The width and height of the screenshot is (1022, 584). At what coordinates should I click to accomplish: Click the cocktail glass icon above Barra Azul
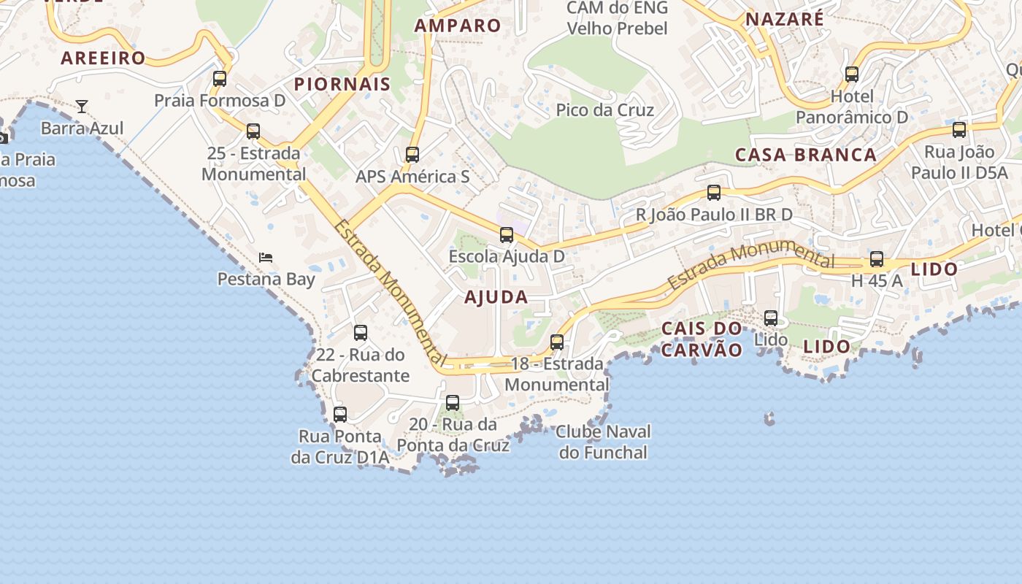[82, 107]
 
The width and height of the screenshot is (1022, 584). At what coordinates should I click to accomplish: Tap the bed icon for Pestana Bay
[266, 258]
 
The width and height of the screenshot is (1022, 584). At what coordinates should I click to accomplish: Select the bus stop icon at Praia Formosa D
[220, 78]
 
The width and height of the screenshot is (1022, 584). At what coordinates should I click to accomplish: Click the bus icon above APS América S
[412, 155]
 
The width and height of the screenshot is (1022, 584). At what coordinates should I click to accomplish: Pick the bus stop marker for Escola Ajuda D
[507, 235]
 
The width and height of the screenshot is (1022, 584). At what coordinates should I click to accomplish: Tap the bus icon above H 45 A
[877, 259]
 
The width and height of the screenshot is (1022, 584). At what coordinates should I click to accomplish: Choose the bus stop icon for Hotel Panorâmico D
[852, 74]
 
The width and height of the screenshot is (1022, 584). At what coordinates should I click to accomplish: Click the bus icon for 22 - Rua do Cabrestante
[361, 333]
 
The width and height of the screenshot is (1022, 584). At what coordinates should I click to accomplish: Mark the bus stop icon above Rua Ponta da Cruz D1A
[340, 415]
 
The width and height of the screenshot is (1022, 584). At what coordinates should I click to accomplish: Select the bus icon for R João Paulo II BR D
[714, 193]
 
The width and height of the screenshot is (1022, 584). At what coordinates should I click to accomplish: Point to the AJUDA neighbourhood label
[496, 297]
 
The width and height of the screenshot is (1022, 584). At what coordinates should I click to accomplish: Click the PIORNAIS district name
[342, 85]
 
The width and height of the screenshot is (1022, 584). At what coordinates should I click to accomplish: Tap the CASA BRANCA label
[806, 155]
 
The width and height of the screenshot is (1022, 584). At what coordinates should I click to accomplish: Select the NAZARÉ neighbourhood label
[785, 19]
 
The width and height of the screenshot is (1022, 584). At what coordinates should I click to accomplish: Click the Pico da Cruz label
[605, 110]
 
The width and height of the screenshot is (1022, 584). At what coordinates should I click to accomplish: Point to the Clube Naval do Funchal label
[603, 442]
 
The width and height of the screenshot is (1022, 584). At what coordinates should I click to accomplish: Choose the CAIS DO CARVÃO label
[702, 339]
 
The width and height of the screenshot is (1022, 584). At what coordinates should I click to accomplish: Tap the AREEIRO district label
[103, 58]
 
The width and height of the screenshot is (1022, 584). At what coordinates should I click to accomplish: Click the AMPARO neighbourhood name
[458, 26]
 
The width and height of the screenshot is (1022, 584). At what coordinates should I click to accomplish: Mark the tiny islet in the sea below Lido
[769, 418]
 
